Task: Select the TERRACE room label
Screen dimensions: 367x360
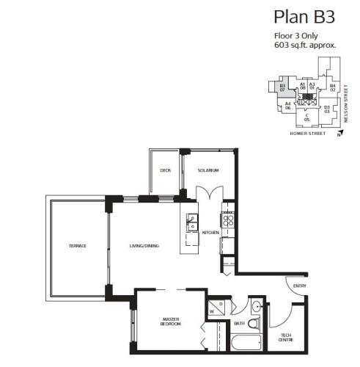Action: [78, 245]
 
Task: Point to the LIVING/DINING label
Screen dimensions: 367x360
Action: [145, 245]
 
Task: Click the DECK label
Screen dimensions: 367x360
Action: [166, 170]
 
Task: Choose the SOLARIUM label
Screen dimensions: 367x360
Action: [208, 170]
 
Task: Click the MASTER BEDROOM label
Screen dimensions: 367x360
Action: [171, 321]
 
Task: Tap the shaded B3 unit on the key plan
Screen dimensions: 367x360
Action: [282, 88]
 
